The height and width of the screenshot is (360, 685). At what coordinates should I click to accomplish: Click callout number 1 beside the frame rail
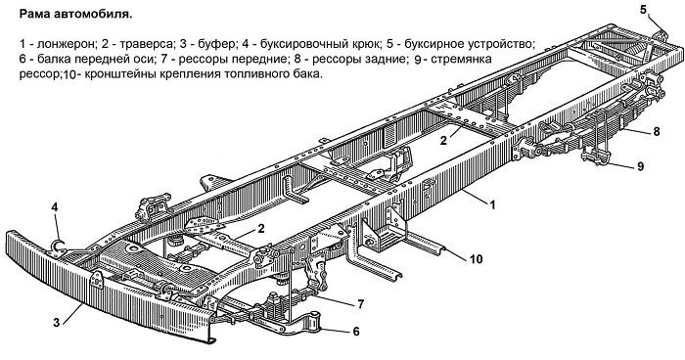[493, 204]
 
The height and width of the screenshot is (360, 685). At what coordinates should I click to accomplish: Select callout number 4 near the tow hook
[56, 206]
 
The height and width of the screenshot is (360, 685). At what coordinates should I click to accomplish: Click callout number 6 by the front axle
[356, 332]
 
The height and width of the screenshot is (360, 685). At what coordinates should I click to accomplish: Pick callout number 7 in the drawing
[360, 305]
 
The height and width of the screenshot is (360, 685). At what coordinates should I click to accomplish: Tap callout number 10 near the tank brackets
[475, 259]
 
